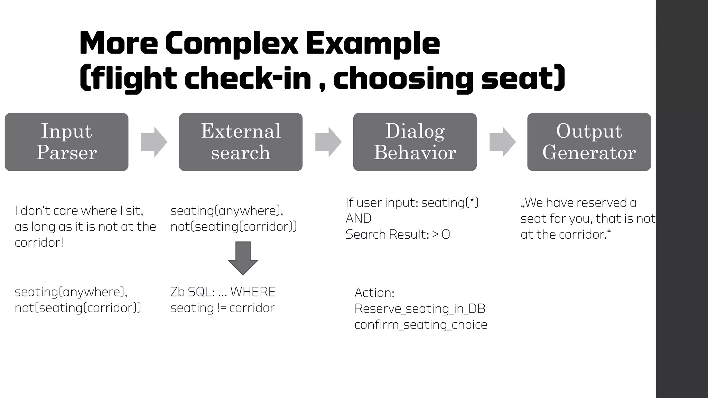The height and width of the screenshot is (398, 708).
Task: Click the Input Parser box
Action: point(66,142)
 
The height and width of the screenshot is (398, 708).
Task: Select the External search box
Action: point(241,142)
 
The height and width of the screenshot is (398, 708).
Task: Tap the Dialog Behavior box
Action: point(415,142)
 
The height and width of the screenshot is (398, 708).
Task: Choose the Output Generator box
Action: point(589,142)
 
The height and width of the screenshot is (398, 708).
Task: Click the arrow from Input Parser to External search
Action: point(154,142)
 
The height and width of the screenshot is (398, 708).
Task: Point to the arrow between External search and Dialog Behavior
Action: point(328,142)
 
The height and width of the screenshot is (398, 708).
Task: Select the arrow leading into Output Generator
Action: point(503,142)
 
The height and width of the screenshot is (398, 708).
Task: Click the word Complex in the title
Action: point(231,44)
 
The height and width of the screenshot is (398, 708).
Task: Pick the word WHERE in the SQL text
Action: point(253,292)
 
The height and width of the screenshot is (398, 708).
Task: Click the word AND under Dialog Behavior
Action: point(358,219)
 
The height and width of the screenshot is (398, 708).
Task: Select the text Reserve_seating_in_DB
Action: point(420,309)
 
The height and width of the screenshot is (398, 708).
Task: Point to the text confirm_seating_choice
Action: point(421,325)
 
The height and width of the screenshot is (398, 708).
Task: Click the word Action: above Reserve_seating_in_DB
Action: point(374,293)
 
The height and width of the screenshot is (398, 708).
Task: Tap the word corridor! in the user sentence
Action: point(39,243)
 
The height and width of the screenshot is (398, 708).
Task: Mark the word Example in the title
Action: point(373,44)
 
